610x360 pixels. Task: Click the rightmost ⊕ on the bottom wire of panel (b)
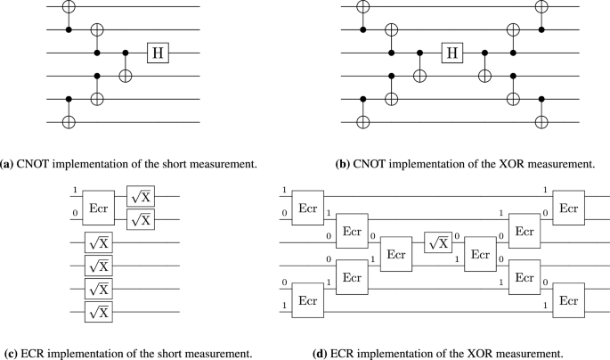542,119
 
